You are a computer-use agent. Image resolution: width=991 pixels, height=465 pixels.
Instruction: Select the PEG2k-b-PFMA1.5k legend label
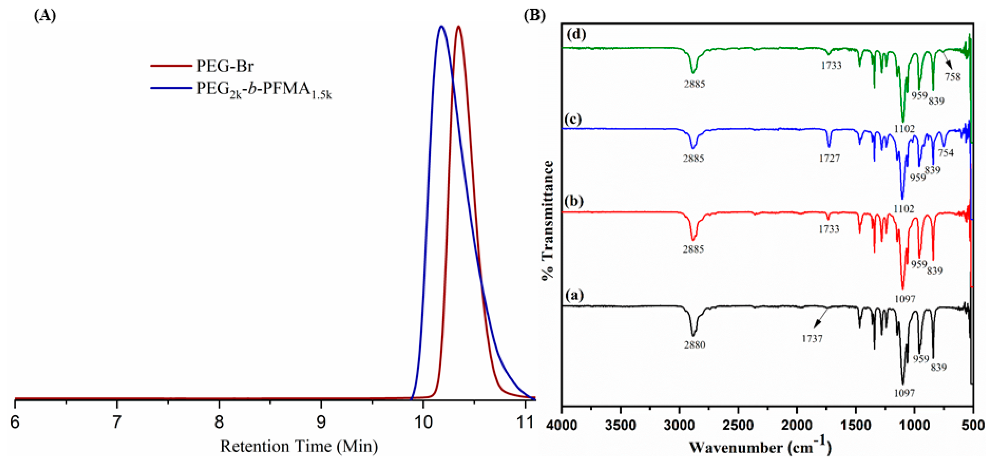pyautogui.click(x=264, y=90)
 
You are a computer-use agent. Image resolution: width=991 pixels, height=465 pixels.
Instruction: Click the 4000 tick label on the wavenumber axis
pyautogui.click(x=562, y=425)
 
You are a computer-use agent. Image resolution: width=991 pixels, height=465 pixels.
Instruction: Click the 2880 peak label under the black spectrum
pyautogui.click(x=694, y=345)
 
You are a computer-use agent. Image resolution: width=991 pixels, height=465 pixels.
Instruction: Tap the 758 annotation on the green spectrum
pyautogui.click(x=953, y=77)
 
